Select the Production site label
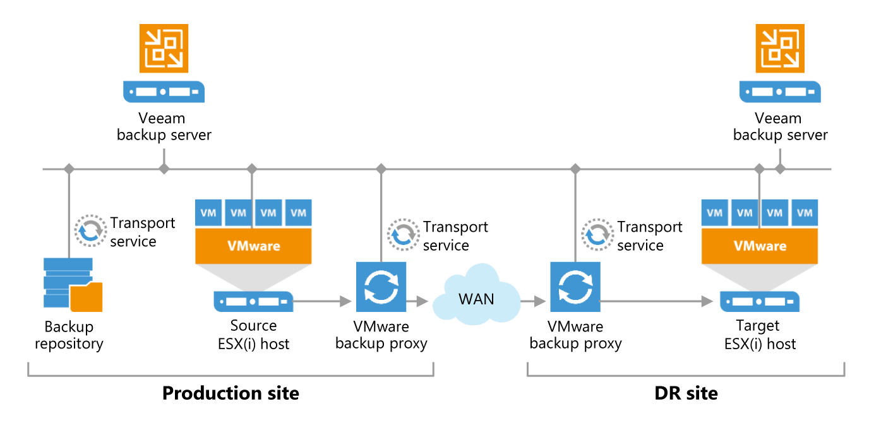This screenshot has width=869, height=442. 231,393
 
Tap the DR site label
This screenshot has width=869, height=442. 686,393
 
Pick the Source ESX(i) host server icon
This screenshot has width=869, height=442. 253,302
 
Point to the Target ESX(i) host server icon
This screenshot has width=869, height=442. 760,302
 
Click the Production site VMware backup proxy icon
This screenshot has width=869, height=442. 381,287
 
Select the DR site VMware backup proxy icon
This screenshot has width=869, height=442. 575,287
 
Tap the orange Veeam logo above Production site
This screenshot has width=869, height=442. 164,48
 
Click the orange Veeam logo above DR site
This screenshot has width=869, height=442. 781,48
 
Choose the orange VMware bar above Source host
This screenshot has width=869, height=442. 253,246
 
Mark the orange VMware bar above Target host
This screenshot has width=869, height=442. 760,246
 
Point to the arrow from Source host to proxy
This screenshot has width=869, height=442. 322,302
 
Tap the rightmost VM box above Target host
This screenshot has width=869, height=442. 805,213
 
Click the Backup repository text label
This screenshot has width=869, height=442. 69,335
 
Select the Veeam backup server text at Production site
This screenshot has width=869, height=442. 164,126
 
